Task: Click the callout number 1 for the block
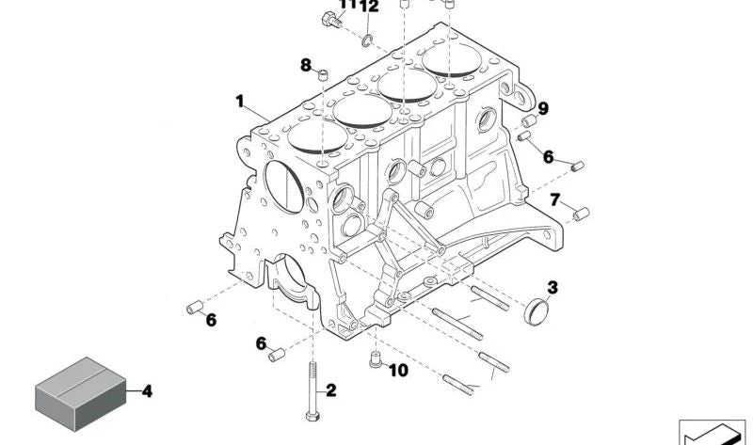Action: pos(240,102)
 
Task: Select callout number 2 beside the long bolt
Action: pos(331,390)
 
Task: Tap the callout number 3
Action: pos(553,288)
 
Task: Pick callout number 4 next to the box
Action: pos(147,391)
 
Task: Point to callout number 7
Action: pos(554,199)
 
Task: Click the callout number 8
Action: pos(306,65)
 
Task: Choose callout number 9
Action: pos(543,108)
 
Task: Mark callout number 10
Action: pos(398,370)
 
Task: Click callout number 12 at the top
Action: pos(369,7)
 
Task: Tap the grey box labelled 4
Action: pos(81,393)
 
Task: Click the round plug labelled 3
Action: pos(537,311)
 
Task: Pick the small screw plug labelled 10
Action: pos(376,359)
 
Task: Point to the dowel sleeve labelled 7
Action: pos(582,214)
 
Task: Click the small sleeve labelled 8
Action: pos(324,74)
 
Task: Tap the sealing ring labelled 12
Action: pos(367,40)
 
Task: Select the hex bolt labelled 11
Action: pos(332,19)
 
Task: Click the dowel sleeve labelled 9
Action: pos(529,120)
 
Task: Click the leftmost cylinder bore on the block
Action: pos(317,136)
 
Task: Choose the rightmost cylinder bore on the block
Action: pos(452,59)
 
